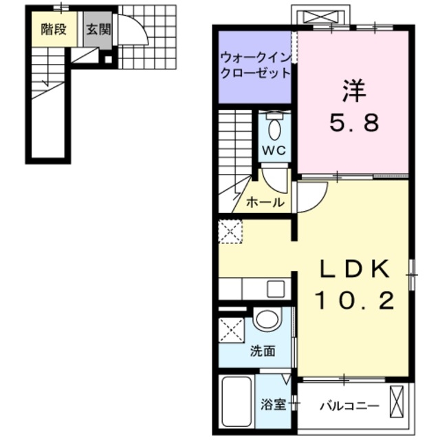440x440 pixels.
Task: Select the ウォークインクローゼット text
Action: click(254, 65)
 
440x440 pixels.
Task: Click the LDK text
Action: click(354, 268)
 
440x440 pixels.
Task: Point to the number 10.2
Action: click(354, 300)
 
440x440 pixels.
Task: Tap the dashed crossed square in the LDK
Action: click(230, 232)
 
